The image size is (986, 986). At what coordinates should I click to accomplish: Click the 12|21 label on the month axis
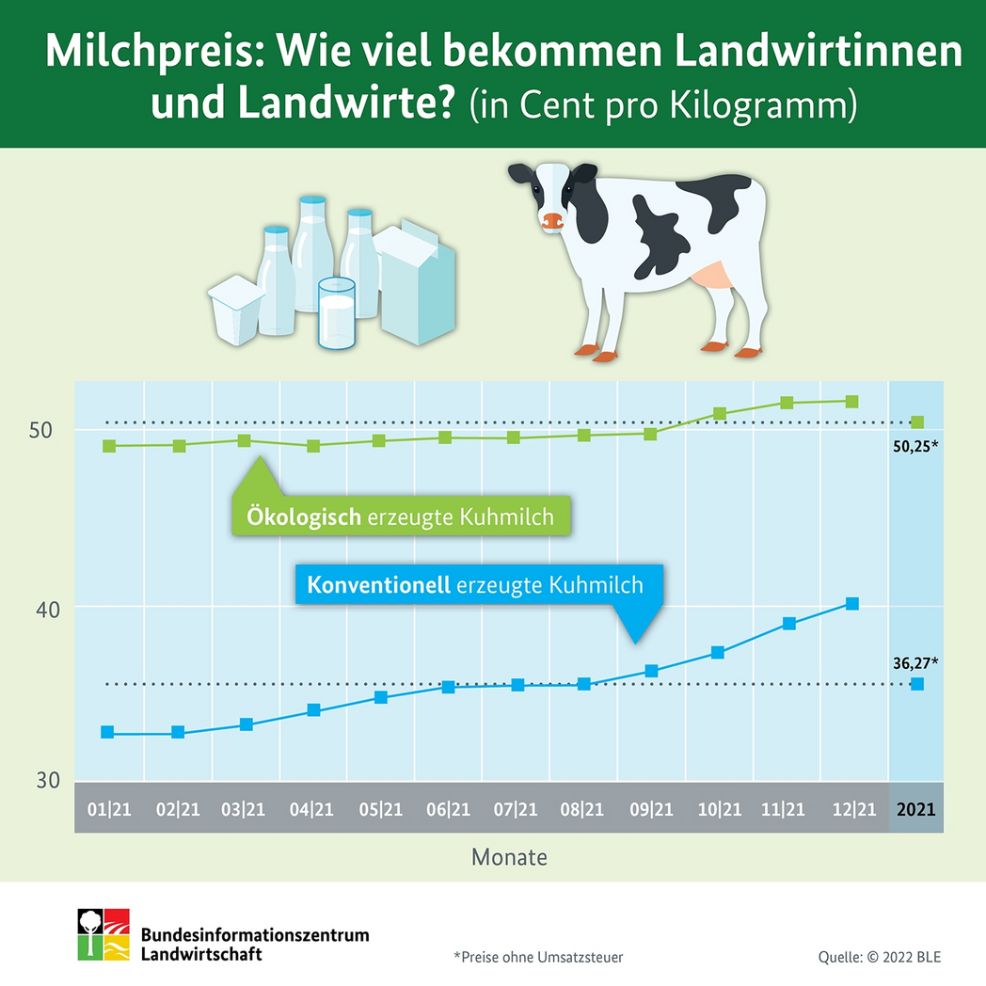point(854,809)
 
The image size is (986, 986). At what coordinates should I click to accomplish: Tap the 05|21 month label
point(380,809)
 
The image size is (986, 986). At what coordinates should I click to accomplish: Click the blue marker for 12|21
point(852,603)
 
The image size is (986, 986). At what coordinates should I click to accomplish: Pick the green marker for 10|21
point(720,413)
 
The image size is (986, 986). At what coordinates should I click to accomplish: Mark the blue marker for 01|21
point(107,732)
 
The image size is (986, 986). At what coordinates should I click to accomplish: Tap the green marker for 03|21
point(245,440)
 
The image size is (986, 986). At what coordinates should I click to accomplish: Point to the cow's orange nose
point(552,222)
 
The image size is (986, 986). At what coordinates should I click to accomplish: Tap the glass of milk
point(337,312)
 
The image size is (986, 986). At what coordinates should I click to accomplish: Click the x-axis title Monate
point(509,857)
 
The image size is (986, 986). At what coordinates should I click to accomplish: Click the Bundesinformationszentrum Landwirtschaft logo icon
point(103,934)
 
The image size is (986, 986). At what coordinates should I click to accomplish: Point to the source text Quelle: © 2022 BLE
point(879,957)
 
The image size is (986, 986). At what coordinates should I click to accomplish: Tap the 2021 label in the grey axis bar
point(916,809)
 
